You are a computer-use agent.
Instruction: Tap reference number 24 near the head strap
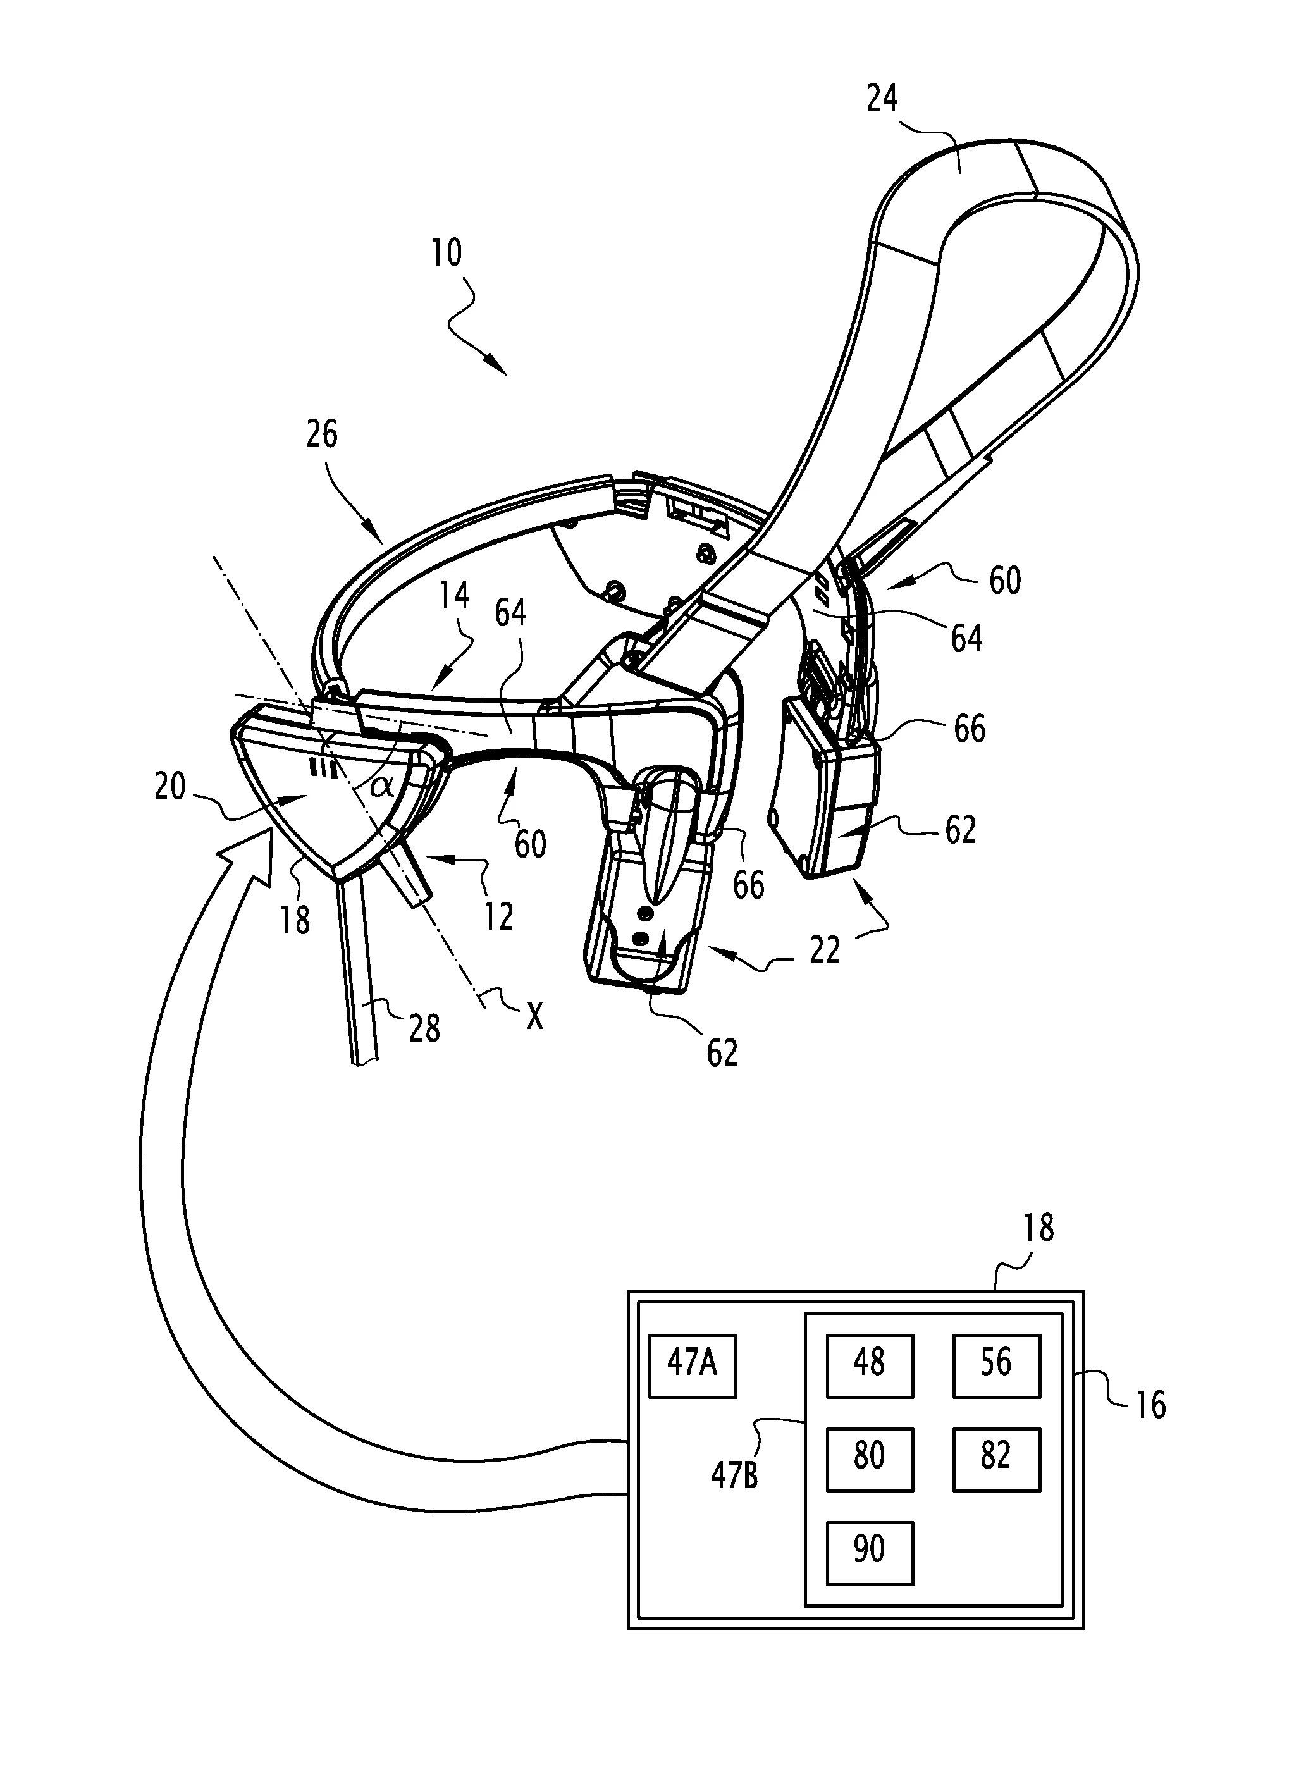click(882, 99)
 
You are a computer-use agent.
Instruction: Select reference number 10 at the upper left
click(447, 253)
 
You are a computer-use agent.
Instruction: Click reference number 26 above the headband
click(321, 434)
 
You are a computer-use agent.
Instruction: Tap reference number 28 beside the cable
click(424, 1028)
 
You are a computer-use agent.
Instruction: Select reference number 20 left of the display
click(170, 786)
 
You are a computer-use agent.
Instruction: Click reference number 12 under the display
click(498, 916)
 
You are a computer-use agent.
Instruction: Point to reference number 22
click(825, 951)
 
